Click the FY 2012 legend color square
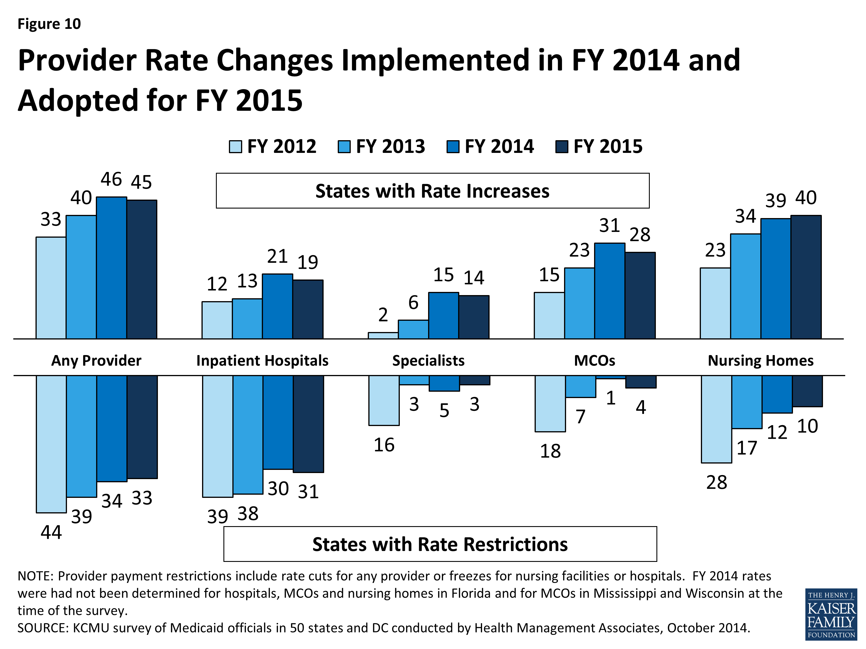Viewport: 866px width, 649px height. [235, 147]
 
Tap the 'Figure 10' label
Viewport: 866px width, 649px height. [49, 24]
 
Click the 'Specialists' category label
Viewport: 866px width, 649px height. [428, 360]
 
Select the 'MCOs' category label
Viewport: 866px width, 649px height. [594, 360]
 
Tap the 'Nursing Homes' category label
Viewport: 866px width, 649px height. [760, 360]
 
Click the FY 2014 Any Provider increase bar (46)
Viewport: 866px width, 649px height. [112, 268]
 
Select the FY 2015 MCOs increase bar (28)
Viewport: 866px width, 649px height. [640, 295]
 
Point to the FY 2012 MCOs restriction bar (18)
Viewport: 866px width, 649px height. [550, 403]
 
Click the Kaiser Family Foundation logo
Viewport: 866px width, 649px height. [831, 614]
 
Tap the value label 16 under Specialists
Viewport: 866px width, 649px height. [384, 445]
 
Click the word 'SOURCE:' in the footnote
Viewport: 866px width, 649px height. [43, 628]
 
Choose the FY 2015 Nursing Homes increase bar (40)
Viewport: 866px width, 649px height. [806, 277]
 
